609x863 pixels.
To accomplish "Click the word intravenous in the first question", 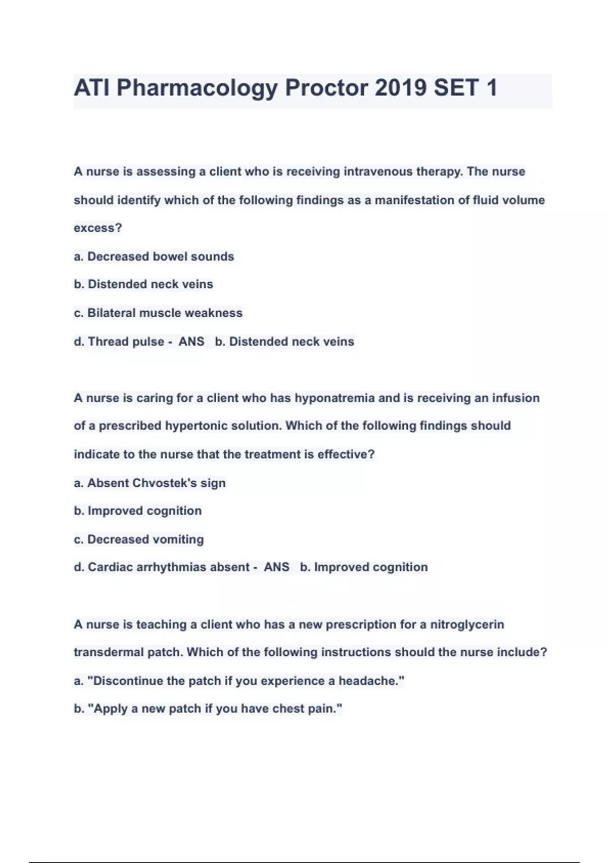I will point(378,172).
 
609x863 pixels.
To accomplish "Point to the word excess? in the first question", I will point(98,228).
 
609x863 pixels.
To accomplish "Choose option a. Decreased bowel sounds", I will point(154,256).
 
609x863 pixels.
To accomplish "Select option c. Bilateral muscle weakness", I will point(158,313).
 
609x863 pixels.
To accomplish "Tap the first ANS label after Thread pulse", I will point(191,342).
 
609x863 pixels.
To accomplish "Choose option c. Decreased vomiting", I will point(139,539).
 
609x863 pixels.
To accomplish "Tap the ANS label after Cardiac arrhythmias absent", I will point(277,567).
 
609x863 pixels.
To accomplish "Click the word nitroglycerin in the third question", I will point(467,624).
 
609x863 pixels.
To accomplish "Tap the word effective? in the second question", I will point(346,454).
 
